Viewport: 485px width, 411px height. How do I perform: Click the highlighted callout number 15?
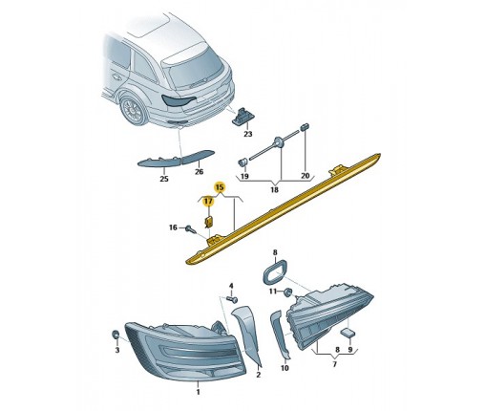220,187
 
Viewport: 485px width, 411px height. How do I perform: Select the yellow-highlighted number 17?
208,201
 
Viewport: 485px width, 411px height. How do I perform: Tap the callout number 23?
247,134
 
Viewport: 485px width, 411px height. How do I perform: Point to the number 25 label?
164,179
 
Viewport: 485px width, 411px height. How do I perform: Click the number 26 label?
199,172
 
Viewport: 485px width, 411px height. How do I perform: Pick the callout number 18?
274,190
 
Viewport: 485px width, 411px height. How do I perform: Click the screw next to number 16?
191,228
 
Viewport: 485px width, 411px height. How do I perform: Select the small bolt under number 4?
233,299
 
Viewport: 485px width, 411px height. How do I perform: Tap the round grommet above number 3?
116,335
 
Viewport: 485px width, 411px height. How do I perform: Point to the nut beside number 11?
288,292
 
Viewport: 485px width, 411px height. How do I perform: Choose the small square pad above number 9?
347,333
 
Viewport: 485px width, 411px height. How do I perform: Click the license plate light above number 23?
242,116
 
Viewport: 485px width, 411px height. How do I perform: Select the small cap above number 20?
305,126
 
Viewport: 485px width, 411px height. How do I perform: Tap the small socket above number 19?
242,162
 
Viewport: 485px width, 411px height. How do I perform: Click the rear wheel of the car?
134,110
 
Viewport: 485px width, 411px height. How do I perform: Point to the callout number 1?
198,392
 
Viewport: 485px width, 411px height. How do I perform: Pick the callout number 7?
334,364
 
